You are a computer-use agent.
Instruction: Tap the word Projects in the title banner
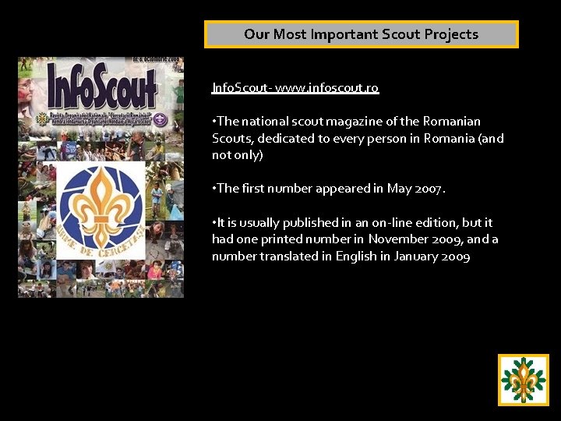(x=447, y=34)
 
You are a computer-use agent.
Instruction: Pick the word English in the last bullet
(x=355, y=256)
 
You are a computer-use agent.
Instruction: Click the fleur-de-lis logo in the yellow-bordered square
(x=524, y=380)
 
